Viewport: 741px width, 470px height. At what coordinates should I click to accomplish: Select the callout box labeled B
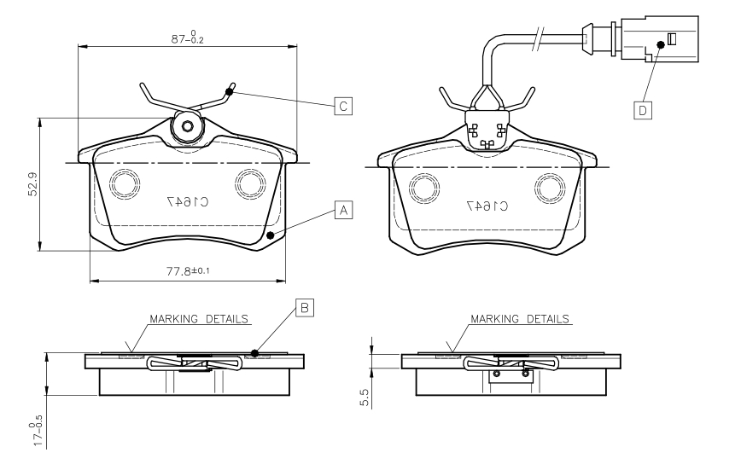coord(304,308)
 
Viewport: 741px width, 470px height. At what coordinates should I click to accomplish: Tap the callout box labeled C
coord(342,106)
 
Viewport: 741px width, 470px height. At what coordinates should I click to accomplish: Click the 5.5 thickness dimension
coord(365,398)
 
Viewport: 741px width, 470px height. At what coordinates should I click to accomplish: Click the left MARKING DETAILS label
coord(200,319)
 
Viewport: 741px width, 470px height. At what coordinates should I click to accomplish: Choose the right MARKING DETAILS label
coord(519,319)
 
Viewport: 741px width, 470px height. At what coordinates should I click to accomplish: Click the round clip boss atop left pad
coord(186,126)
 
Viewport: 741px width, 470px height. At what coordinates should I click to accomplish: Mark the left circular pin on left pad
coord(123,183)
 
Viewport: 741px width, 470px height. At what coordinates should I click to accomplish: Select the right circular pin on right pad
coord(550,186)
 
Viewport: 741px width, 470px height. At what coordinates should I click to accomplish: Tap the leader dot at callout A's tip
coord(270,235)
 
